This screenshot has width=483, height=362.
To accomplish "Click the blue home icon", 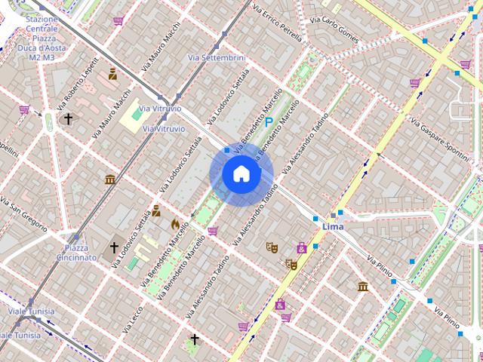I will [241, 174].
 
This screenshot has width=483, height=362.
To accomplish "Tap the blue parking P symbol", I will [268, 121].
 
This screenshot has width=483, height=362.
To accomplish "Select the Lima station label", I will [333, 226].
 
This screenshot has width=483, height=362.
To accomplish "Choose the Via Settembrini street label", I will [217, 57].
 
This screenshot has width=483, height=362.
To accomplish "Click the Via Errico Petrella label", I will [277, 23].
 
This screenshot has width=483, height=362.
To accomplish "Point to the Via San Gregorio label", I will [24, 211].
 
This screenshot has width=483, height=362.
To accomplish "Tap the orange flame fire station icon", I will [175, 224].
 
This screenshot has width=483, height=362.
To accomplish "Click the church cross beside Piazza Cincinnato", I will [115, 247].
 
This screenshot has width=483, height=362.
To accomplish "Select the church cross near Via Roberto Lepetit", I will [68, 119].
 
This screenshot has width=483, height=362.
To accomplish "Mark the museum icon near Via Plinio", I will [363, 286].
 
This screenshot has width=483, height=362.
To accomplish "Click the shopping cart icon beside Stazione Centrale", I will [118, 21].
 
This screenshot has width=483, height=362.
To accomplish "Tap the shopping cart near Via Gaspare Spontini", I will [414, 83].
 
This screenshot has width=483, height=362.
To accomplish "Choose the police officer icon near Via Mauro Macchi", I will [112, 74].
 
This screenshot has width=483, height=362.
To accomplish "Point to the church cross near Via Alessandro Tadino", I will [194, 339].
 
